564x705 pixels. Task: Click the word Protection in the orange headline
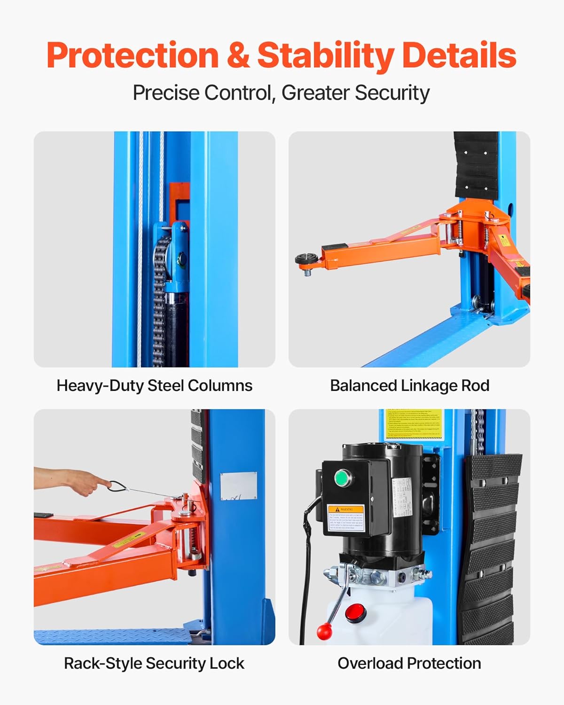(x=133, y=55)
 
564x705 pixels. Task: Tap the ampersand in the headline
(x=238, y=55)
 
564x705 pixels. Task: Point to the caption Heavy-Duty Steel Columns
(x=154, y=385)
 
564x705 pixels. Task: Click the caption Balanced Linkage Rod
(x=409, y=385)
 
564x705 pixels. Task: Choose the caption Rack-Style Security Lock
(x=154, y=663)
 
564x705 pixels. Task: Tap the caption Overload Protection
(x=409, y=663)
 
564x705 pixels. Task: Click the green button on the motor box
(x=343, y=479)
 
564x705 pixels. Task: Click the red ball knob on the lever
(x=324, y=631)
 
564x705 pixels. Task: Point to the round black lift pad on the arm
(x=307, y=259)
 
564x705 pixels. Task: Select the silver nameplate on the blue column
(x=239, y=486)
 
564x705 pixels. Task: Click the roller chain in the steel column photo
(x=160, y=301)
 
